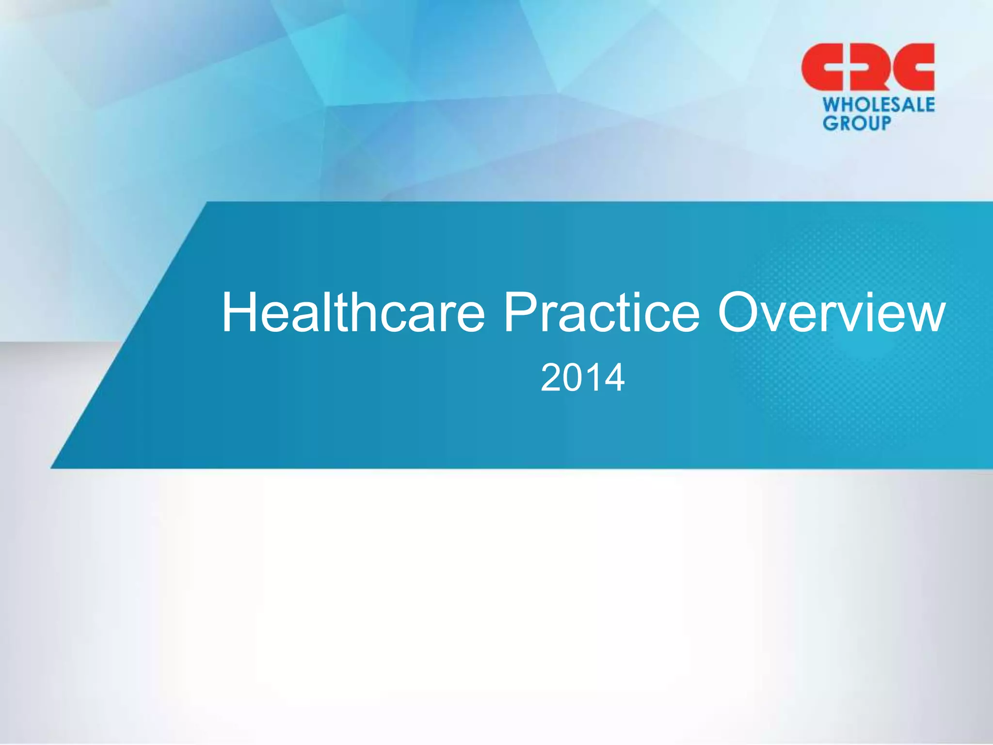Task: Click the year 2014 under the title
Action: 582,378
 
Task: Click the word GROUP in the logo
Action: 857,123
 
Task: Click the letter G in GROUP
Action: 830,123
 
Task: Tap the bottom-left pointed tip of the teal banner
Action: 52,468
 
